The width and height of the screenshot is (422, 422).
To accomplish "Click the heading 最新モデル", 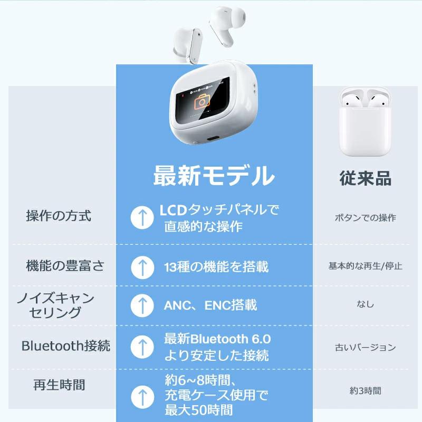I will pos(214,176).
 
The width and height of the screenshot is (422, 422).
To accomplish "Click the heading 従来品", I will pos(365,178).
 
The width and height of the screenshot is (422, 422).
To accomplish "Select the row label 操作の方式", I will pos(59,216).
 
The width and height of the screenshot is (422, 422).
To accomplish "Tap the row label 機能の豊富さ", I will pos(65,266).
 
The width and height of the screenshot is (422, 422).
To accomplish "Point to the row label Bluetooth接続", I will pos(66,346).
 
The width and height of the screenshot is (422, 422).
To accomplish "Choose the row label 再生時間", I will pos(59,385).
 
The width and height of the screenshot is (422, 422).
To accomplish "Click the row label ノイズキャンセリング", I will pos(56,305).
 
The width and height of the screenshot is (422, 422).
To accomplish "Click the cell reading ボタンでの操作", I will pos(365,218).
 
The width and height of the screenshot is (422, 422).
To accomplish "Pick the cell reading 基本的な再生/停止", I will pos(365,266).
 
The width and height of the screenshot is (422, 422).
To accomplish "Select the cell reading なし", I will pos(365,304).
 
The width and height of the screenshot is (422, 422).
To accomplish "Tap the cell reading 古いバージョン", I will pos(365,347).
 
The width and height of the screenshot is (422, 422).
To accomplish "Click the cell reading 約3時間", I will pos(365,391).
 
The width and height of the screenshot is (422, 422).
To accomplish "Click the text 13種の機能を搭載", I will pos(216,266).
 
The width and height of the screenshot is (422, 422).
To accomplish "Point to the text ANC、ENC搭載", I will pos(210,305).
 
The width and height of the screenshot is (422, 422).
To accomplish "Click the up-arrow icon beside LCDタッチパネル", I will pos(141,217).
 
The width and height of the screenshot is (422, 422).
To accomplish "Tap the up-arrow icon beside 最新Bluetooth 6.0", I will pos(141,347).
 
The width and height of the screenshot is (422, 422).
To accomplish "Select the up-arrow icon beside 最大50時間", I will pos(141,395).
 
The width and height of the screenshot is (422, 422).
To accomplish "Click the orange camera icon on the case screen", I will pos(202,102).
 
